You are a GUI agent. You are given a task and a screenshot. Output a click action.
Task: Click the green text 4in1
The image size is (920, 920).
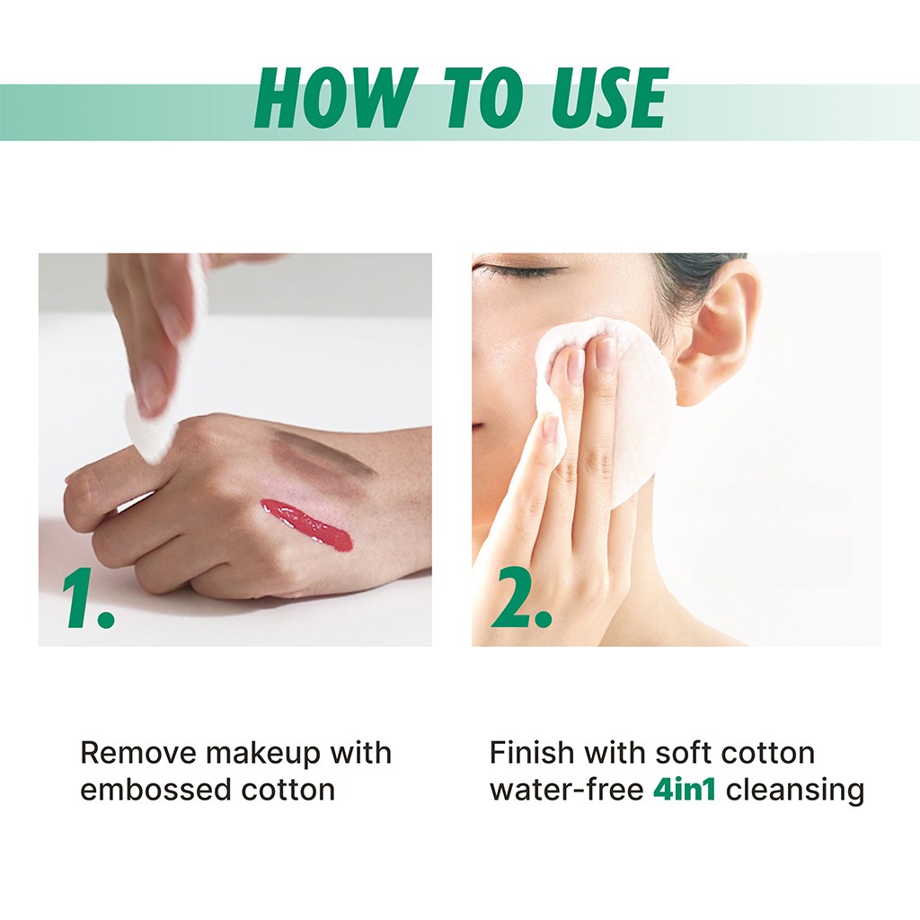[684, 790]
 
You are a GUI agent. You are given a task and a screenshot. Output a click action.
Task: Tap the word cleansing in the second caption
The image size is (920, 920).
[795, 790]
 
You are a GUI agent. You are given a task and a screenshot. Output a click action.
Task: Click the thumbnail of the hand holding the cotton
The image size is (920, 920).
[234, 449]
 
